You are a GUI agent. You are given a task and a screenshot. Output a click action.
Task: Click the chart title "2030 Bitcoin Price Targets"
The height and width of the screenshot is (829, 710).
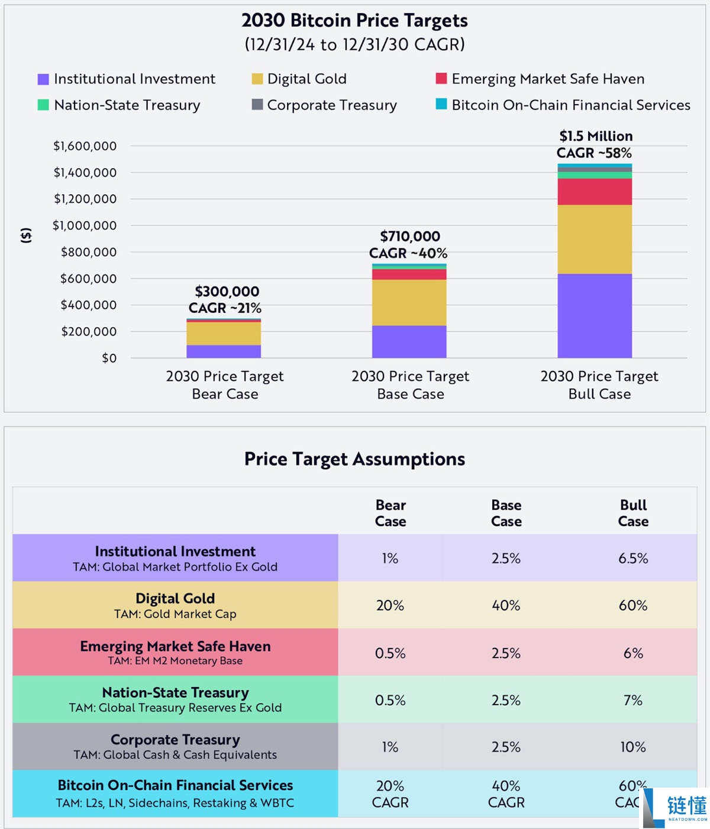tap(354, 21)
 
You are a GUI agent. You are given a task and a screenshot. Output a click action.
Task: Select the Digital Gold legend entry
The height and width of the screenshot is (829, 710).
tap(306, 79)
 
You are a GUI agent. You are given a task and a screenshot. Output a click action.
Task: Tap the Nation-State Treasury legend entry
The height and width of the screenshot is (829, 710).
tap(127, 105)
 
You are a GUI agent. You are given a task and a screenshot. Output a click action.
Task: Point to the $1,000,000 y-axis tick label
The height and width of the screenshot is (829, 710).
tap(85, 225)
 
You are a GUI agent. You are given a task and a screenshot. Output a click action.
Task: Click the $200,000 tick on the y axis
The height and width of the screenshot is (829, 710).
tap(89, 331)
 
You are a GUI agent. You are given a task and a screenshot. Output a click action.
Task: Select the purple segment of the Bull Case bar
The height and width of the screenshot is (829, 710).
tap(595, 315)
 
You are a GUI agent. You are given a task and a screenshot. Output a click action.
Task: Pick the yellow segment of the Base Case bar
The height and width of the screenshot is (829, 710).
tap(409, 302)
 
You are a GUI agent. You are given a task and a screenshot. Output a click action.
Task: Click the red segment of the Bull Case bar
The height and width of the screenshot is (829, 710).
tap(595, 192)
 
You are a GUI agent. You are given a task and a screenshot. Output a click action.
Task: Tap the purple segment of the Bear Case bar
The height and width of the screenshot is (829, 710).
tap(224, 351)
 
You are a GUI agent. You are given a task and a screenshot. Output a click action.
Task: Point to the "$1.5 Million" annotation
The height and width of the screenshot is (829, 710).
tap(596, 136)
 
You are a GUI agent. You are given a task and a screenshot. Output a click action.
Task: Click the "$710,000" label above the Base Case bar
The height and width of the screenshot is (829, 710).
tap(410, 237)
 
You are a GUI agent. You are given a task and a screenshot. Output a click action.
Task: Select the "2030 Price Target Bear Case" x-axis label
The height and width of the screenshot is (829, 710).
tap(225, 385)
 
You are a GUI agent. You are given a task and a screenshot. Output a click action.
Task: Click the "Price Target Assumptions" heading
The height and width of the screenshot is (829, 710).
tap(354, 459)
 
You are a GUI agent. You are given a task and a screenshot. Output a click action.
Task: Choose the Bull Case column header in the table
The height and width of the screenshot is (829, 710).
tap(633, 513)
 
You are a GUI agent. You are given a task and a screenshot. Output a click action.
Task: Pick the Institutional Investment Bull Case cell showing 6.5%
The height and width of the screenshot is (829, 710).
tap(633, 559)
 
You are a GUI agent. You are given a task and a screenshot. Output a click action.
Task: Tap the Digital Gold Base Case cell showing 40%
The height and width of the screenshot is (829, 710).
tap(506, 605)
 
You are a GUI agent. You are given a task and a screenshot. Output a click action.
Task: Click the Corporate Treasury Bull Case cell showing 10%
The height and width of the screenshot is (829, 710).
tap(633, 747)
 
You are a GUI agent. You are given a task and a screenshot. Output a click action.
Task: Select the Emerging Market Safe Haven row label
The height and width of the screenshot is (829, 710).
tap(175, 652)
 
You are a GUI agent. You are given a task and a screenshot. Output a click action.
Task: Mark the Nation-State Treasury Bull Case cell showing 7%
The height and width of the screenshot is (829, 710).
tap(633, 700)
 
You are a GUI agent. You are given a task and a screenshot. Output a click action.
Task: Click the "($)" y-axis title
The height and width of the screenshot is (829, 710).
tap(26, 236)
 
